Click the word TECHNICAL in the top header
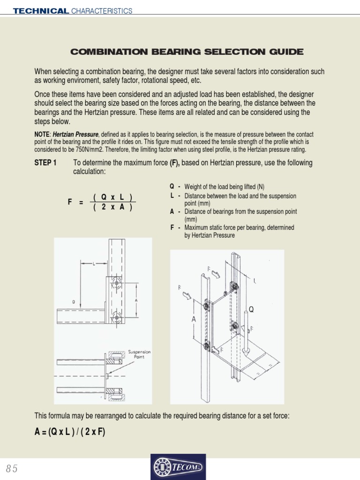click(x=41, y=11)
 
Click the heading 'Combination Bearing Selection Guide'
click(x=187, y=52)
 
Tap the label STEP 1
click(x=45, y=163)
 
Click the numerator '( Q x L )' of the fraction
click(x=112, y=197)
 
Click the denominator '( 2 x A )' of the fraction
click(x=112, y=208)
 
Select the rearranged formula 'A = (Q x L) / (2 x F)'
click(x=70, y=432)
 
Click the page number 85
click(x=12, y=469)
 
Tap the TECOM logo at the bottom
click(x=178, y=467)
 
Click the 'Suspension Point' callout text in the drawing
click(x=139, y=354)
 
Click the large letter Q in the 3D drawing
click(x=251, y=309)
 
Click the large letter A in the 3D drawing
click(x=193, y=319)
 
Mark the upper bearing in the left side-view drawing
click(x=116, y=283)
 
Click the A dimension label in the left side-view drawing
click(x=136, y=300)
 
